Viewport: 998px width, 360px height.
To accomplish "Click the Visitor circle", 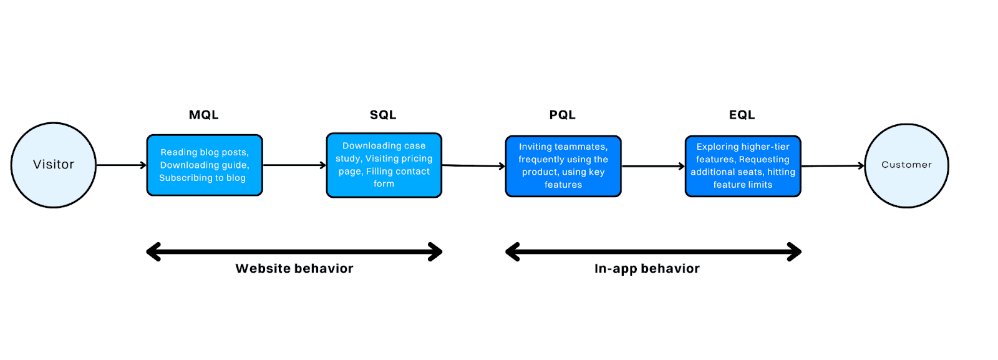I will click(x=54, y=165).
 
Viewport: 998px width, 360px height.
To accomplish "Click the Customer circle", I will click(x=906, y=165).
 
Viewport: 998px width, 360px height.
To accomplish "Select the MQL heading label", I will click(x=203, y=115).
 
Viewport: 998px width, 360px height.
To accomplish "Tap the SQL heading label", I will click(x=383, y=115).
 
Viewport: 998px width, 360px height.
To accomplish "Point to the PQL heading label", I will click(x=562, y=115).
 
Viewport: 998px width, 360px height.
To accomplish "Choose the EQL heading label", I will click(x=742, y=115).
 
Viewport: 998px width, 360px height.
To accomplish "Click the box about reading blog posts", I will click(x=205, y=165).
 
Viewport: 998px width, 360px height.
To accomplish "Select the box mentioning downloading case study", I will click(x=384, y=165).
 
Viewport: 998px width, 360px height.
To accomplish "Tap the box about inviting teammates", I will click(x=563, y=166).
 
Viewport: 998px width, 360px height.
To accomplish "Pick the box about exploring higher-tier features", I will click(x=742, y=166).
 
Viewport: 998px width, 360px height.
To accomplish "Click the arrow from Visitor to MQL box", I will click(x=121, y=165).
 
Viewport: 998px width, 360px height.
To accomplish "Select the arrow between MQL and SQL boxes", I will click(x=294, y=165).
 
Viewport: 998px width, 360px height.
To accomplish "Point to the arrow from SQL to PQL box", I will click(x=473, y=166).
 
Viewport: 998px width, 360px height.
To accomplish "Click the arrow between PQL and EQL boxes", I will click(x=652, y=167).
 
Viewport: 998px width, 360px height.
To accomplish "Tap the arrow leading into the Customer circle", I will click(x=832, y=166).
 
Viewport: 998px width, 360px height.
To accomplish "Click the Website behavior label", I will click(x=294, y=268).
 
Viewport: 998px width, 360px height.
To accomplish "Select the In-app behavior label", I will click(x=647, y=268).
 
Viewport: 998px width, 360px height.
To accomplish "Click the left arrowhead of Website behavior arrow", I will click(x=152, y=252).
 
